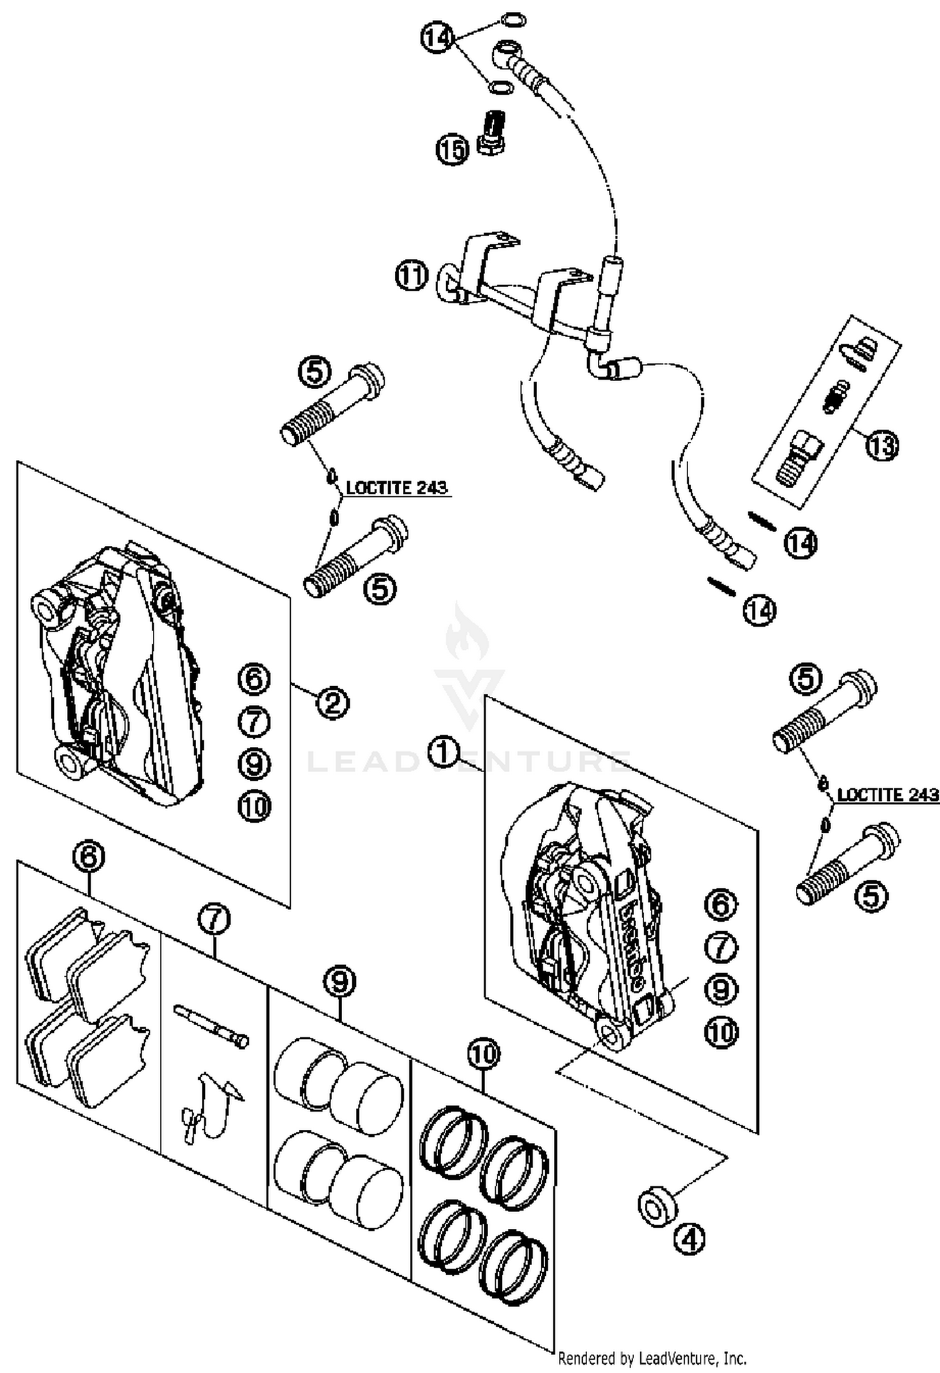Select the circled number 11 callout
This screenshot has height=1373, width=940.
[411, 276]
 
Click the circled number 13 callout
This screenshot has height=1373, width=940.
[882, 446]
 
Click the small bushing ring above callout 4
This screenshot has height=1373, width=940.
[656, 1206]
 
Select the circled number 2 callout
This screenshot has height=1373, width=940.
[332, 703]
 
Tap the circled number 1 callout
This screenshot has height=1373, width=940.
[443, 752]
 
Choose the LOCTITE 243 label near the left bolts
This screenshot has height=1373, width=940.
[397, 488]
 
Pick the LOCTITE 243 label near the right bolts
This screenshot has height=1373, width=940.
[887, 795]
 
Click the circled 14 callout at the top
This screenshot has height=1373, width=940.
[437, 38]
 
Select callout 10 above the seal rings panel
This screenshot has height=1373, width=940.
[483, 1053]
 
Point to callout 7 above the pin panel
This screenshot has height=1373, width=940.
[214, 919]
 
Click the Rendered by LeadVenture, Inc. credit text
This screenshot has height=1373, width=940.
[652, 1358]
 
